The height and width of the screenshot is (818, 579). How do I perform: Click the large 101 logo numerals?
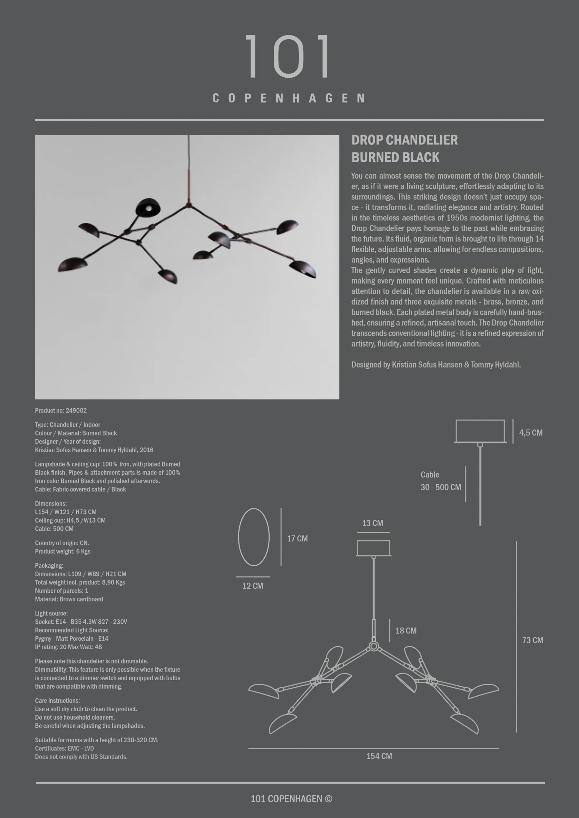[x=288, y=56]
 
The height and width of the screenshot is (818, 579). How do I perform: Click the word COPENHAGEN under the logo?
[x=289, y=98]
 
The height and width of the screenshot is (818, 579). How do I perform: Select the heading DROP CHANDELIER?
[x=404, y=140]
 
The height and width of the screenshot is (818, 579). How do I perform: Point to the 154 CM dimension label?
[x=379, y=756]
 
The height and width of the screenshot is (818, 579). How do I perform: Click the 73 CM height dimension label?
[x=532, y=640]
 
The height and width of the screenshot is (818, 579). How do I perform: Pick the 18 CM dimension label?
[x=406, y=631]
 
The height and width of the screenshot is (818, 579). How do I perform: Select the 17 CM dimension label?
[x=297, y=538]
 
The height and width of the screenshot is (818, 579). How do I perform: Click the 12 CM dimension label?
[x=253, y=586]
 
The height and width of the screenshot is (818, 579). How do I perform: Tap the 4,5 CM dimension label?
[x=530, y=433]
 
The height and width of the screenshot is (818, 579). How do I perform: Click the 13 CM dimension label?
[x=372, y=523]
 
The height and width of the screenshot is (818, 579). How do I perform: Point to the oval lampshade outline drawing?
[x=254, y=537]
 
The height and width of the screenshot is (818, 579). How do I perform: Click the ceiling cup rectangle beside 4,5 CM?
[x=480, y=431]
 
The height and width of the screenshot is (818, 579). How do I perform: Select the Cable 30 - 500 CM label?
[x=440, y=481]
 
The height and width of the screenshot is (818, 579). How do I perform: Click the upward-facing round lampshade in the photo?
[x=148, y=207]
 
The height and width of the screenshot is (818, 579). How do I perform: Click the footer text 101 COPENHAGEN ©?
[x=291, y=799]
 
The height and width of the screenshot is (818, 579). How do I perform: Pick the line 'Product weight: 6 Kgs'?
[x=62, y=551]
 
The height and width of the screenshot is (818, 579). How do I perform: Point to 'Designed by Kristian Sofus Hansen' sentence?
[x=436, y=365]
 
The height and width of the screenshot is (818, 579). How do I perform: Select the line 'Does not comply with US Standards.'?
[x=81, y=757]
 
